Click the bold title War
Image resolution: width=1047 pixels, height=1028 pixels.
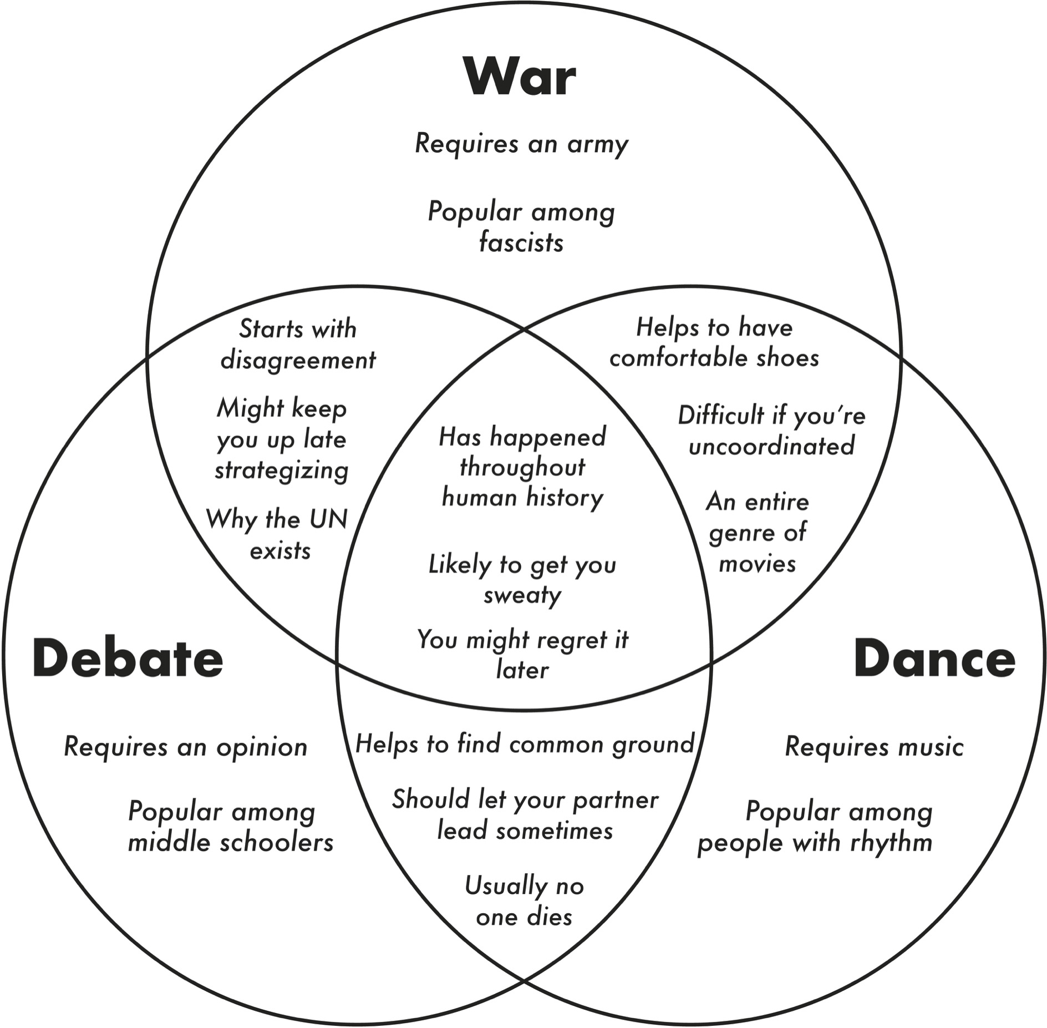521,77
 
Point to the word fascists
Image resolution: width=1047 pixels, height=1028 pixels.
521,242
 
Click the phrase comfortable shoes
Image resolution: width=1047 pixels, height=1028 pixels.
714,358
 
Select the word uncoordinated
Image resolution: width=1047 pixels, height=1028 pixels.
771,446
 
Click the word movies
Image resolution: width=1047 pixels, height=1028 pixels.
758,564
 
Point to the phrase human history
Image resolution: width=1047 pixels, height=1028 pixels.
522,498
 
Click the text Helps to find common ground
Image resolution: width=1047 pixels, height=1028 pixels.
525,744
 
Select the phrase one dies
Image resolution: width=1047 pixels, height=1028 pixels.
524,917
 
